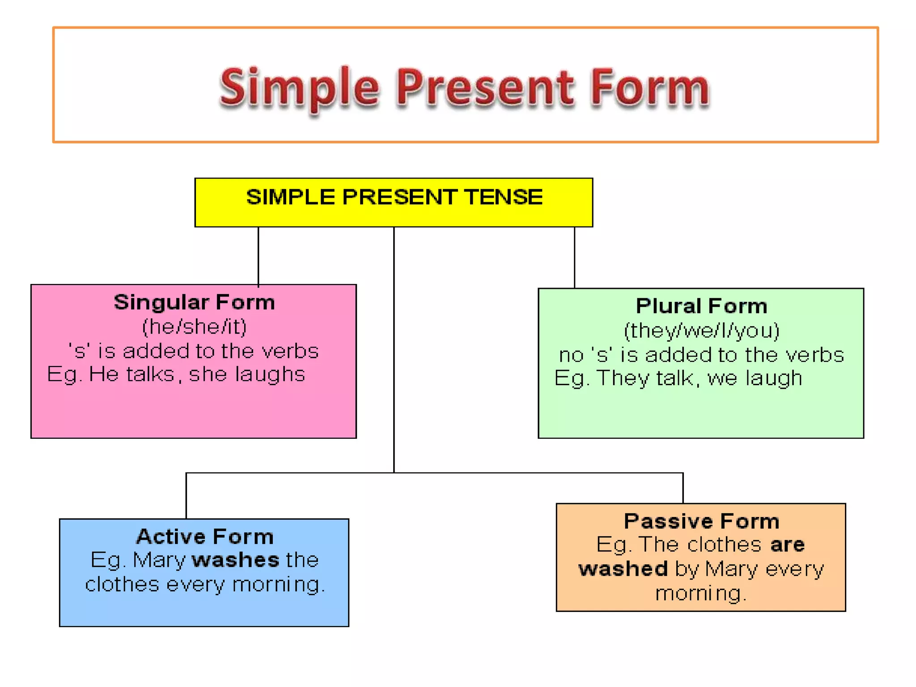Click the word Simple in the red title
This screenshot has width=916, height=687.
[x=299, y=89]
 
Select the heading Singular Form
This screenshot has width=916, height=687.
[x=194, y=303]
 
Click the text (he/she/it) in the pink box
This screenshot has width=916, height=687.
[x=194, y=327]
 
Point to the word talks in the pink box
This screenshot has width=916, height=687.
[x=150, y=374]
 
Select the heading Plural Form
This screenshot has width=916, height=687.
[x=701, y=306]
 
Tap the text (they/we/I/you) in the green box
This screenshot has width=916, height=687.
[x=701, y=331]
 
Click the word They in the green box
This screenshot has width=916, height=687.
[x=623, y=378]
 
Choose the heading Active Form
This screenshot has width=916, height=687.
[x=205, y=537]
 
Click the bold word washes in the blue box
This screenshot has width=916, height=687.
[x=236, y=560]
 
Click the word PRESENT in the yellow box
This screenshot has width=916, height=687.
[x=399, y=197]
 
